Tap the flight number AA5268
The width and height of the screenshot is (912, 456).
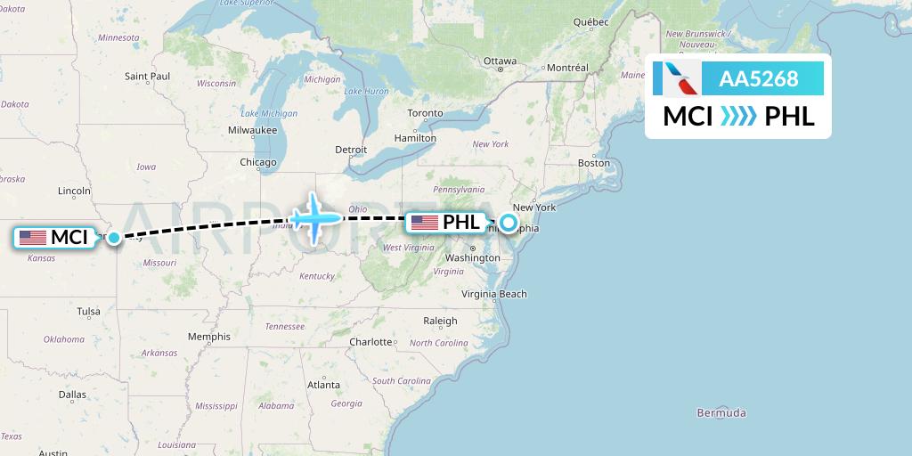pyautogui.click(x=758, y=78)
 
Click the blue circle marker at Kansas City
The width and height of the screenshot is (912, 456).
pyautogui.click(x=113, y=238)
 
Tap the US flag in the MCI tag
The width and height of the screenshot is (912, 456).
pyautogui.click(x=33, y=238)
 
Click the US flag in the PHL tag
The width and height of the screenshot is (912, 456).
pyautogui.click(x=424, y=223)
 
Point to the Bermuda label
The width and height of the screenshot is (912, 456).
pyautogui.click(x=722, y=413)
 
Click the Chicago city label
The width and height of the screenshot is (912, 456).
pyautogui.click(x=257, y=162)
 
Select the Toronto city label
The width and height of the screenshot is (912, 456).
pyautogui.click(x=425, y=113)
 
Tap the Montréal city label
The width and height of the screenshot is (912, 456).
pyautogui.click(x=567, y=68)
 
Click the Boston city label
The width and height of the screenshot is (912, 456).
pyautogui.click(x=594, y=163)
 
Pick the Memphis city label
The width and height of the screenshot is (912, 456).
pyautogui.click(x=209, y=337)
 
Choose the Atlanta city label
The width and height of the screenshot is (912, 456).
pyautogui.click(x=323, y=385)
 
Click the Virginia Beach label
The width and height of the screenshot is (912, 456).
pyautogui.click(x=494, y=294)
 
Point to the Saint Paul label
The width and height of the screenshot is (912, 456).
pyautogui.click(x=148, y=77)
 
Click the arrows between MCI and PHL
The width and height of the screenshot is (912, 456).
pyautogui.click(x=738, y=116)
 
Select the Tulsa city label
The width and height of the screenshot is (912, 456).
pyautogui.click(x=88, y=311)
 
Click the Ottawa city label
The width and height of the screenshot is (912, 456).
pyautogui.click(x=500, y=61)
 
